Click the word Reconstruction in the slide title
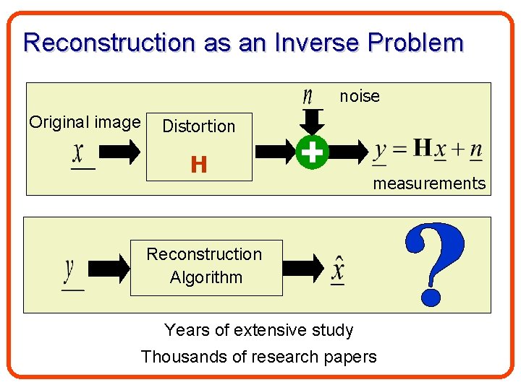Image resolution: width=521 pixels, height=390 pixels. pyautogui.click(x=109, y=43)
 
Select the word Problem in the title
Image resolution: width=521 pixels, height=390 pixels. pyautogui.click(x=415, y=43)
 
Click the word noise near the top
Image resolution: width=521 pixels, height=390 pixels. pyautogui.click(x=360, y=96)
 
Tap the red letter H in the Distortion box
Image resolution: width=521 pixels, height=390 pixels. pyautogui.click(x=199, y=165)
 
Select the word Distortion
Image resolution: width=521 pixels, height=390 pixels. pyautogui.click(x=199, y=126)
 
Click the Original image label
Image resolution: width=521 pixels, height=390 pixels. pyautogui.click(x=85, y=122)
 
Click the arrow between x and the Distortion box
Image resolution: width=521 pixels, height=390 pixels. pyautogui.click(x=119, y=152)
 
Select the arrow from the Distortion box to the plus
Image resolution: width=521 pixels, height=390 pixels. pyautogui.click(x=275, y=152)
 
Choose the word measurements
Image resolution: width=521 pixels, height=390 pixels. pyautogui.click(x=429, y=183)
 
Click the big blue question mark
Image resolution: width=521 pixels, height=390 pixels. pyautogui.click(x=433, y=263)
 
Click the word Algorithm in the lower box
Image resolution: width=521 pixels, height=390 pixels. pyautogui.click(x=206, y=277)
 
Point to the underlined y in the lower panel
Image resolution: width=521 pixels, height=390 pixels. pyautogui.click(x=70, y=272)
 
